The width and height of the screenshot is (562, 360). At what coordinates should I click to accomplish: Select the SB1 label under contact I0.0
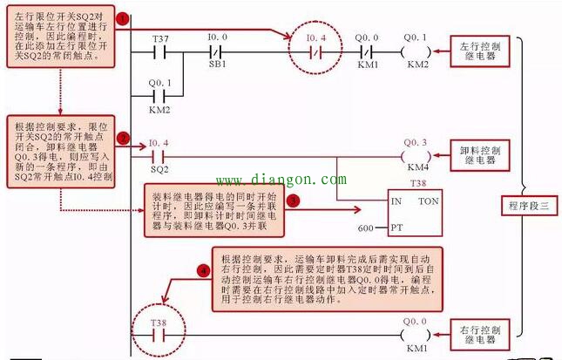pos(217,65)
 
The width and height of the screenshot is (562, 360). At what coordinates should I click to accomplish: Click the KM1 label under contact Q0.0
pos(367,65)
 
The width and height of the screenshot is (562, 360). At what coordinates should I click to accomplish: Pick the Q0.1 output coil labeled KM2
pos(416,51)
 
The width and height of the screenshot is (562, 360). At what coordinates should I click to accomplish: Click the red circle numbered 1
pos(124,18)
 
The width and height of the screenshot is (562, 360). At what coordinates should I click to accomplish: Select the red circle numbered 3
pos(294,200)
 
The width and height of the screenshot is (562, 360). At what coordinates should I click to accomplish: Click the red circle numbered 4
pos(203,272)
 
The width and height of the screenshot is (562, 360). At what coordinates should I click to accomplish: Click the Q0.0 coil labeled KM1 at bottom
pos(416,334)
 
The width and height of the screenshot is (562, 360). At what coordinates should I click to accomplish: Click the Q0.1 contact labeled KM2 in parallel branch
pos(159,96)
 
